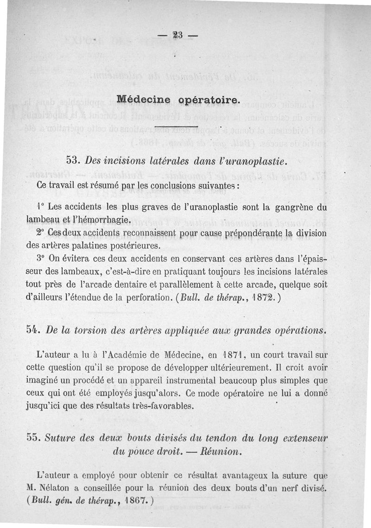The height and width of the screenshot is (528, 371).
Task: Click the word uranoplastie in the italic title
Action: click(x=258, y=161)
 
